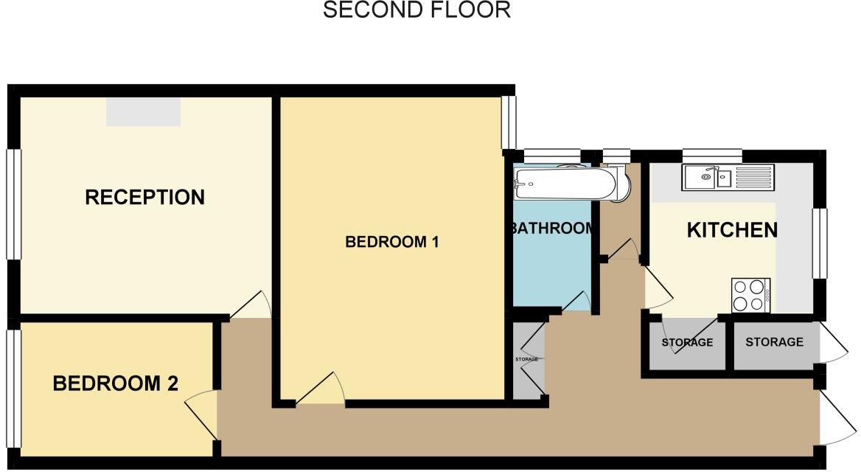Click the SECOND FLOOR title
pyautogui.click(x=416, y=10)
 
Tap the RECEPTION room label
pyautogui.click(x=144, y=198)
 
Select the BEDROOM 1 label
pyautogui.click(x=392, y=242)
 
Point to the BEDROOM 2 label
pyautogui.click(x=116, y=383)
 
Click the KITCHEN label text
pyautogui.click(x=731, y=230)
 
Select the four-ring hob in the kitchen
pyautogui.click(x=750, y=295)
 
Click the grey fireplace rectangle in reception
pyautogui.click(x=143, y=111)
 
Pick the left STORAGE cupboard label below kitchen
pyautogui.click(x=687, y=342)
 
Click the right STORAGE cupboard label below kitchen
pyautogui.click(x=774, y=342)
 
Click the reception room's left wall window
pyautogui.click(x=13, y=204)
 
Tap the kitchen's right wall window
pyautogui.click(x=820, y=243)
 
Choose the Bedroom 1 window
pyautogui.click(x=508, y=122)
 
